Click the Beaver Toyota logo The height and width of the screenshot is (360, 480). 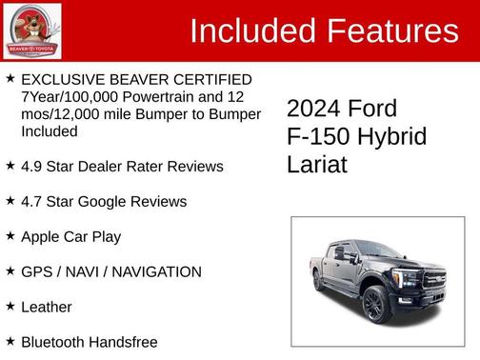(32, 30)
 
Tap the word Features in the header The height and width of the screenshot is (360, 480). (392, 31)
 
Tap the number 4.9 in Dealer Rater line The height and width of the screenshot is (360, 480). (32, 167)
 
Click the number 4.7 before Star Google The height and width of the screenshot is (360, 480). (32, 202)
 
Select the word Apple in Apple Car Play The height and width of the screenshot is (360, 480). (41, 237)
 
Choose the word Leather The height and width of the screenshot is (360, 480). (47, 308)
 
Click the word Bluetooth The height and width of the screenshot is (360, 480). (54, 342)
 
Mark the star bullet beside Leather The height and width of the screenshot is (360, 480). (10, 307)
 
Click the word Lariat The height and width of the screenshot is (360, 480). (317, 164)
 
